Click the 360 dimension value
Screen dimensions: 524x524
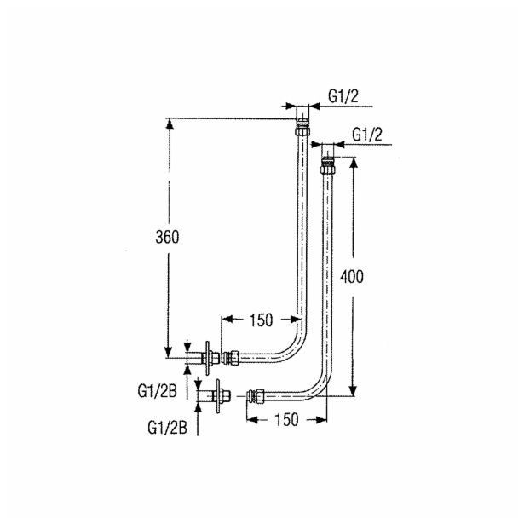(167, 237)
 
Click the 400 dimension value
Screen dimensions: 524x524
(352, 277)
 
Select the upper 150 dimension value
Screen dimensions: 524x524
(261, 320)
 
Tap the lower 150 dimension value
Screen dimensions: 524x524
(286, 420)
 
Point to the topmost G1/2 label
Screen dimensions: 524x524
(343, 96)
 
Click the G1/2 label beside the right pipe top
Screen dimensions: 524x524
(367, 135)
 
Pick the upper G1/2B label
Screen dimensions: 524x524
(157, 391)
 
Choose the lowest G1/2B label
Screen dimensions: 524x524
(168, 428)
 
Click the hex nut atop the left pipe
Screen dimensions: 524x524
(303, 130)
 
